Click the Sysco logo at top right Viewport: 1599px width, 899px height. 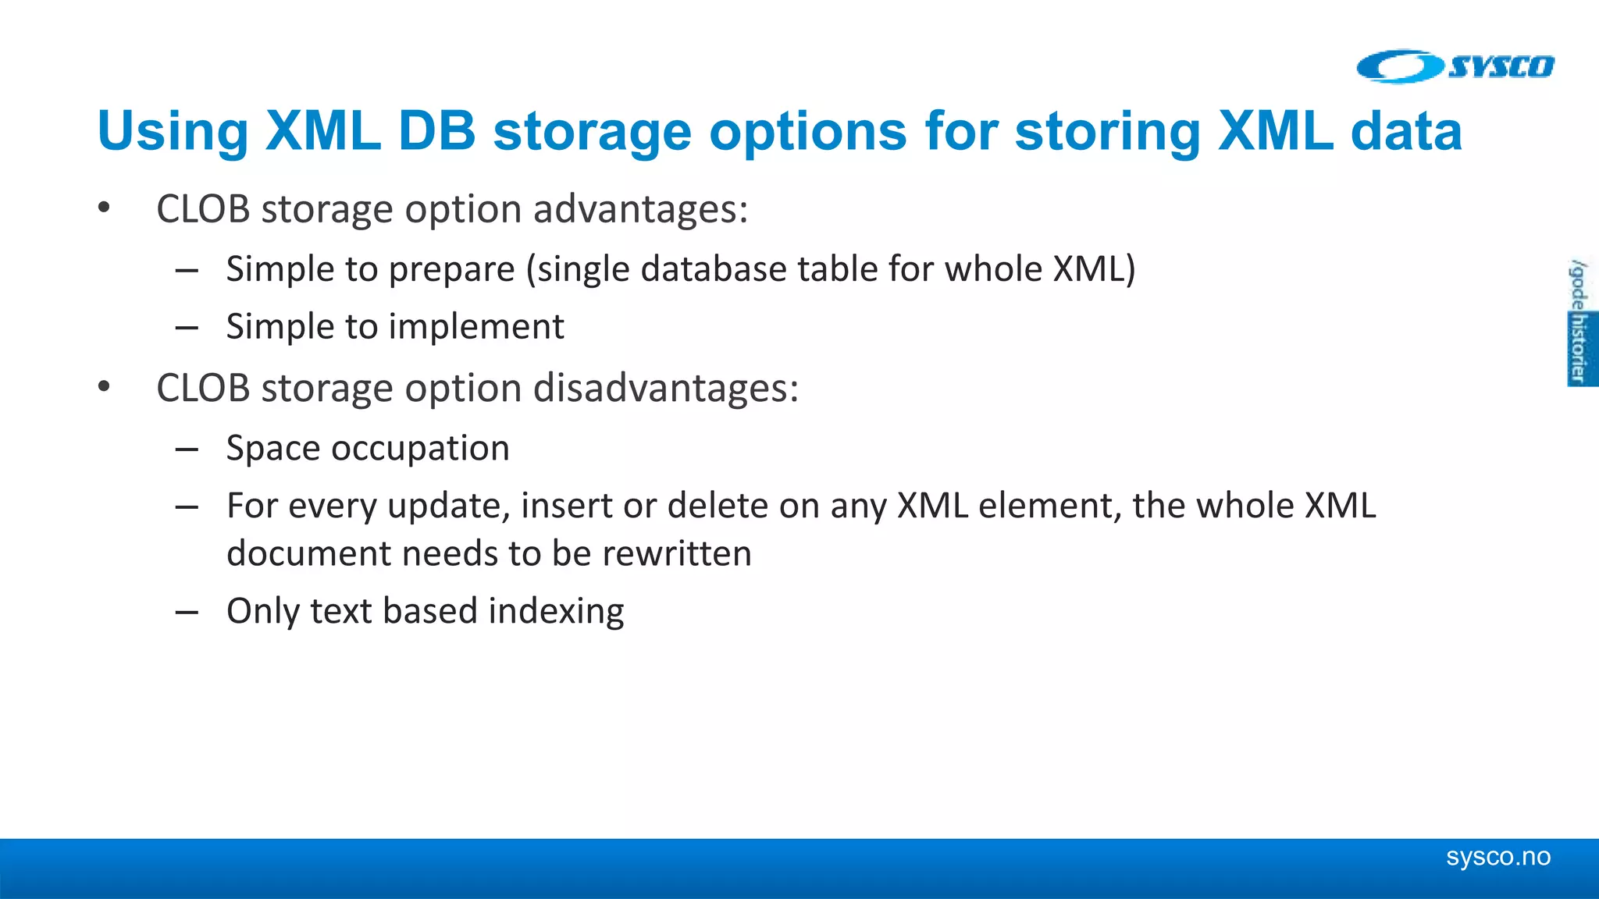pos(1455,66)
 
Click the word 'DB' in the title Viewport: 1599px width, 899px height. pos(436,130)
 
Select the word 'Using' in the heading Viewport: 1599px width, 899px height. pos(173,132)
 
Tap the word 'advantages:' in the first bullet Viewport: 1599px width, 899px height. pos(640,209)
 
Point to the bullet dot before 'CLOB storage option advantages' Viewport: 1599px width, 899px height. pos(104,208)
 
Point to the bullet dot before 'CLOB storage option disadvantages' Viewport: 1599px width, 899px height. pos(104,387)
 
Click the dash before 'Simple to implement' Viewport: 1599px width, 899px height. pos(187,328)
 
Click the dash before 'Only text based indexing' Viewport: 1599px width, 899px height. pos(187,613)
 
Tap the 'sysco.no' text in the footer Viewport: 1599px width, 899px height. pos(1498,857)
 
